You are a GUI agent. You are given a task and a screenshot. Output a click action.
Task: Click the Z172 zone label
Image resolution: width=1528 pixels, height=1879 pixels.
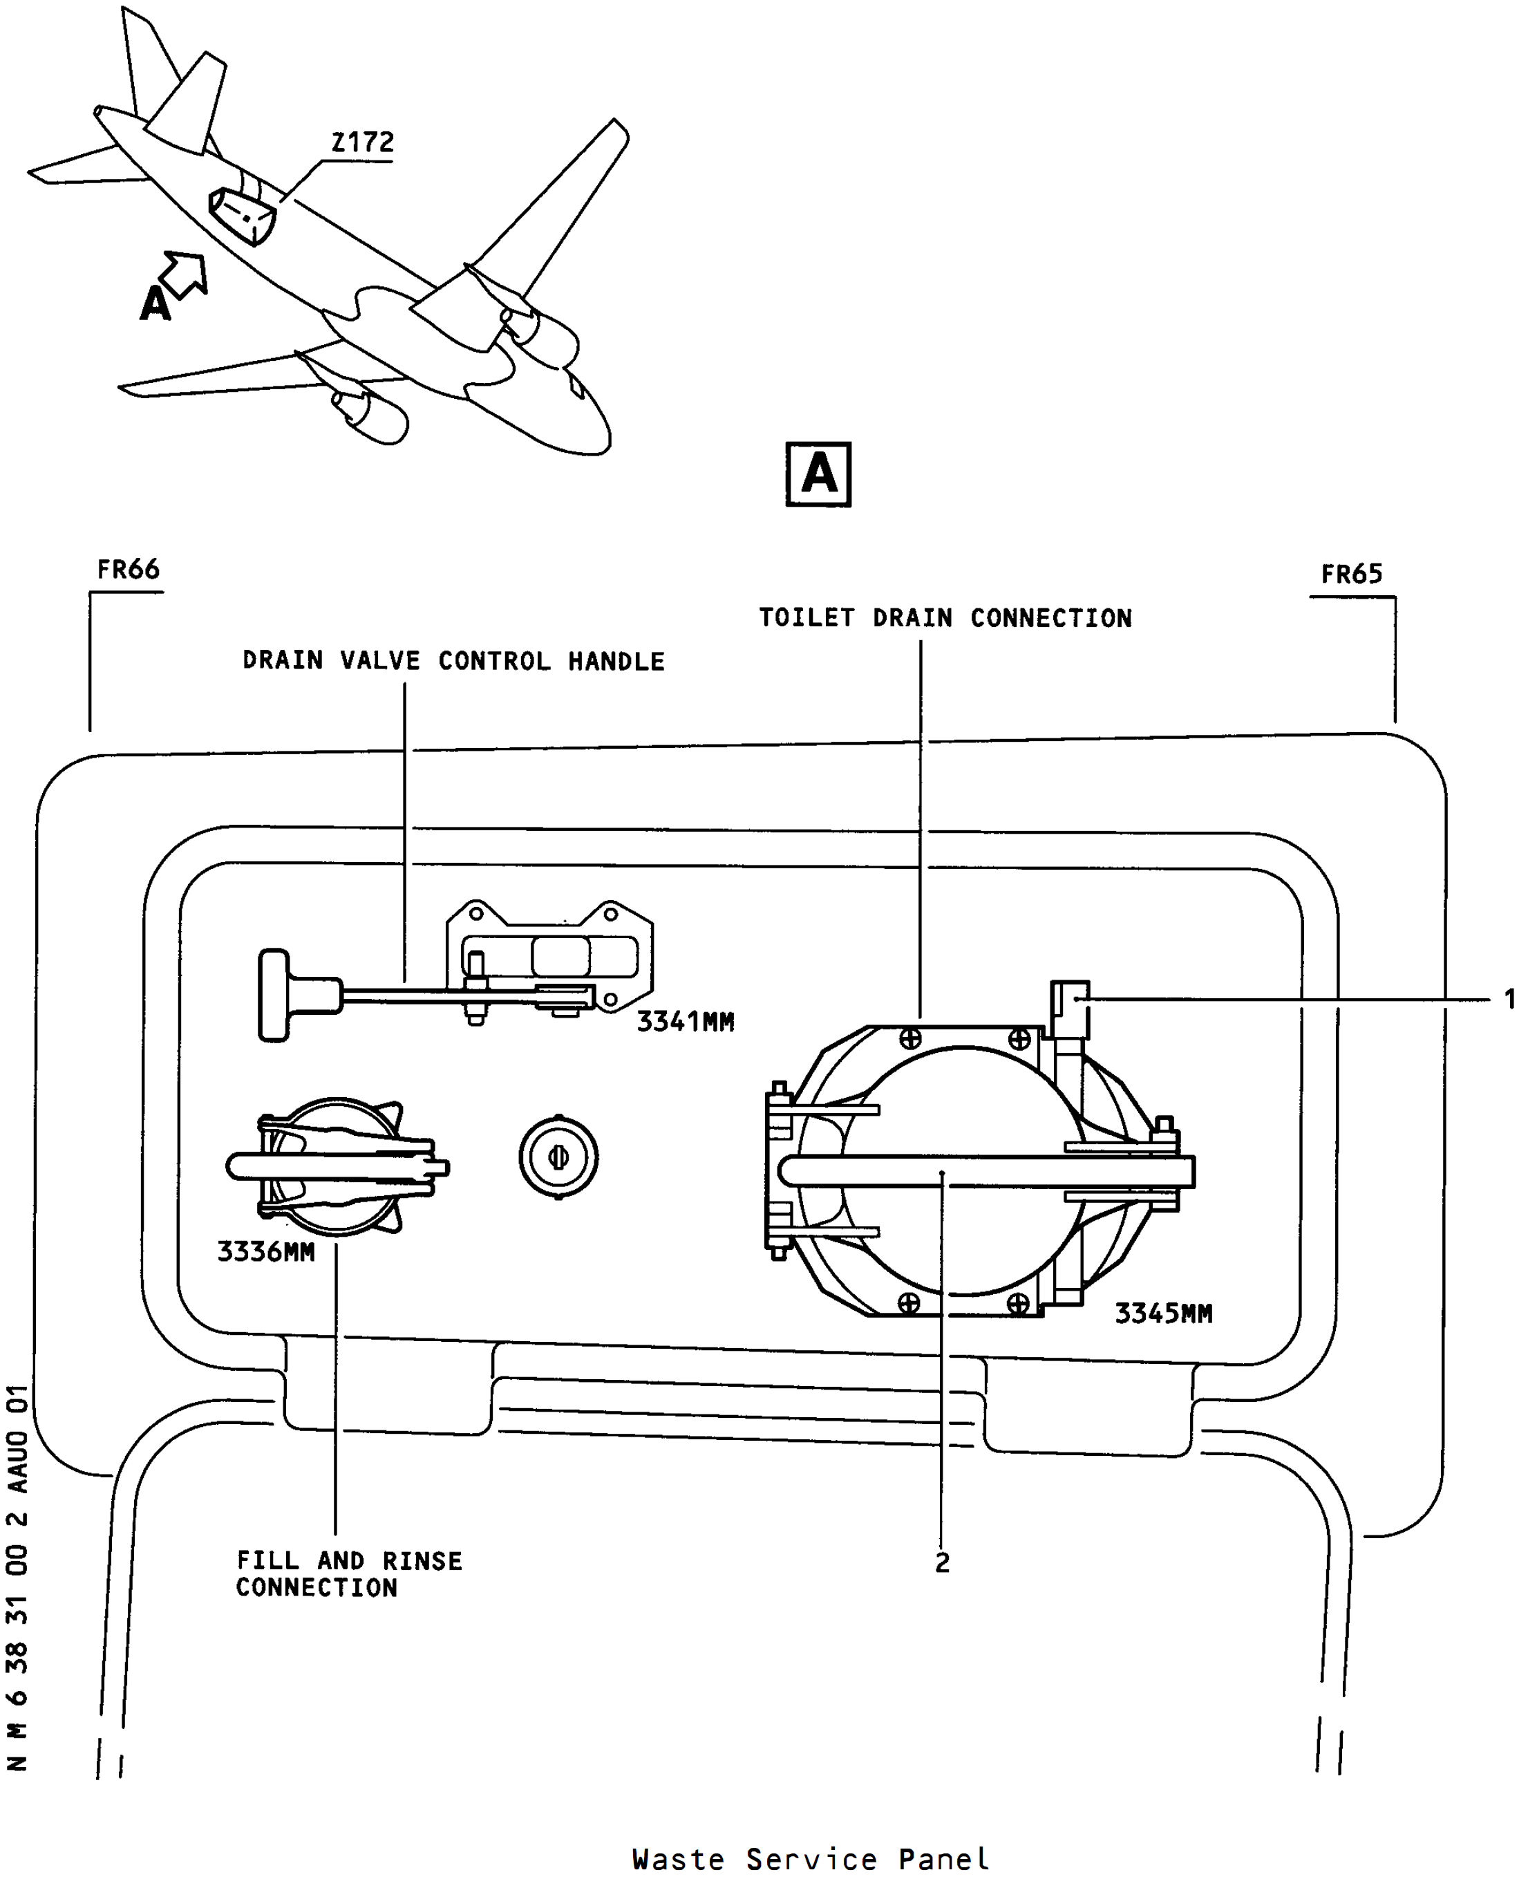coord(363,142)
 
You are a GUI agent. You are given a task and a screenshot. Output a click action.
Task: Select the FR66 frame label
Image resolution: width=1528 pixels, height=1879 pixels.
coord(129,570)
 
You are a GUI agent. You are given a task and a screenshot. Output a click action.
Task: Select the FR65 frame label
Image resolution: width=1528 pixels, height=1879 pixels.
coord(1351,574)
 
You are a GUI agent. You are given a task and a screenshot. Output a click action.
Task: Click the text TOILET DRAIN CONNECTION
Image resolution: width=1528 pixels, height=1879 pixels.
coord(945,618)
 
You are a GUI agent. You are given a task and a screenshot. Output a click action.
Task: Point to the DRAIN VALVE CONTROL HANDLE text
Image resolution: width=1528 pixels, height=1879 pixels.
coord(453,660)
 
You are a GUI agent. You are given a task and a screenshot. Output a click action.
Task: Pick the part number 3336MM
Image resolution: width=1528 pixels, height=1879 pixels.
coord(266,1251)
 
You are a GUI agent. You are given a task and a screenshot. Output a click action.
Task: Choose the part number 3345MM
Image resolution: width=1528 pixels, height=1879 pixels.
coord(1164,1314)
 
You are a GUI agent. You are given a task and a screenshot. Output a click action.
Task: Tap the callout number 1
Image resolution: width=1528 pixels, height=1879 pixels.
coord(1509,1000)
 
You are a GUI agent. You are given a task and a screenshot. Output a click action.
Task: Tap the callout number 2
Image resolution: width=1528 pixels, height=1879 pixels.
coord(942,1563)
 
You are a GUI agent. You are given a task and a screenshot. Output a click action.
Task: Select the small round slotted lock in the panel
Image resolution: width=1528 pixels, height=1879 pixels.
coord(558,1157)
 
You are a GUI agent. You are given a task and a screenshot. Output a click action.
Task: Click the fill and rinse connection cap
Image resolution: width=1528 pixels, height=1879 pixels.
coord(337,1168)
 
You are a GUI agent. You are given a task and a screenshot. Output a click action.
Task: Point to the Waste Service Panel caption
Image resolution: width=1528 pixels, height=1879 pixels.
coord(811,1859)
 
